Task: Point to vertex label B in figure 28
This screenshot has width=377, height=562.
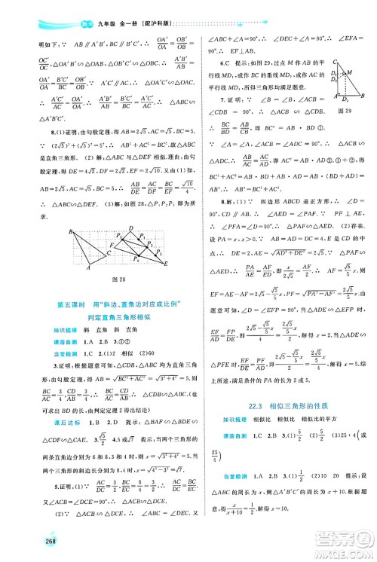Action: click(x=69, y=231)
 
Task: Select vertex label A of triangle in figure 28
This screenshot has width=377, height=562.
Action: click(x=87, y=269)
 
